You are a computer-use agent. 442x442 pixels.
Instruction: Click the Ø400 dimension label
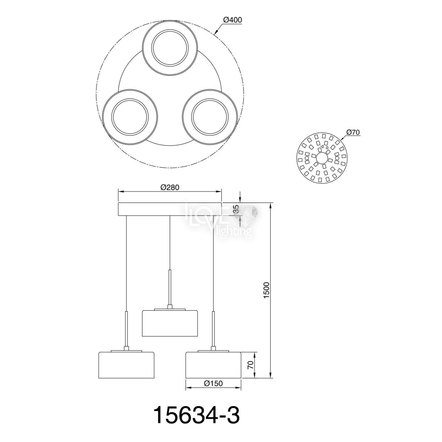[232, 20]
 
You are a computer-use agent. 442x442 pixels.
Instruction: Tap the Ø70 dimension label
[354, 132]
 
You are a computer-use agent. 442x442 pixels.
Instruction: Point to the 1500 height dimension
[266, 290]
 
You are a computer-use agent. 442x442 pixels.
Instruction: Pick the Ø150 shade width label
[213, 383]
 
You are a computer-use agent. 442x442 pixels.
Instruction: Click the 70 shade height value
[250, 365]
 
